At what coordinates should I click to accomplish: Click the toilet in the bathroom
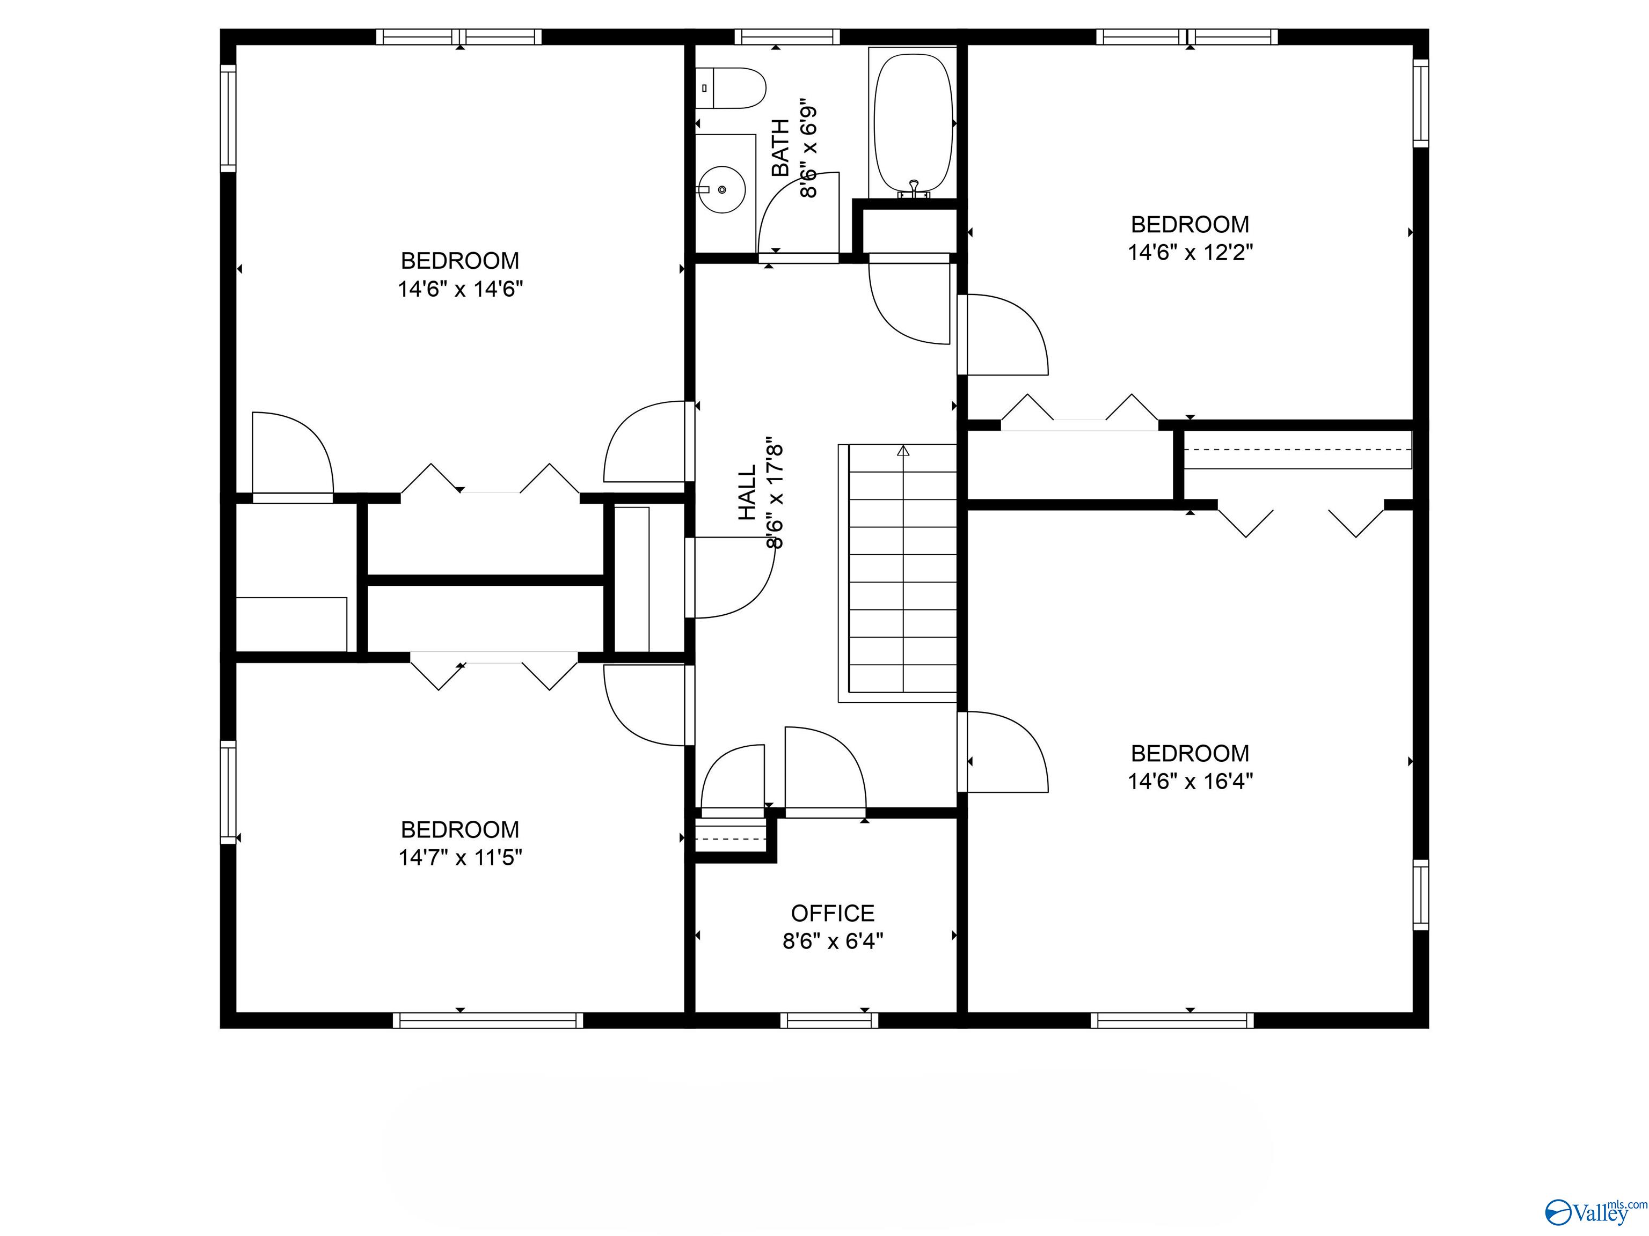[732, 88]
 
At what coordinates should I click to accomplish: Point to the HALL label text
[747, 492]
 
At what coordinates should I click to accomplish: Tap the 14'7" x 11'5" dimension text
[460, 857]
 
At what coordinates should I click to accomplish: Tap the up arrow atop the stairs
[903, 450]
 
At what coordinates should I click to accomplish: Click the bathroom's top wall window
[787, 36]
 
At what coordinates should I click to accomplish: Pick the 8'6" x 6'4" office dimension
[833, 941]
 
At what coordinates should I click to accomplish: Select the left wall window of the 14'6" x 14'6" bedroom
[228, 117]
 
